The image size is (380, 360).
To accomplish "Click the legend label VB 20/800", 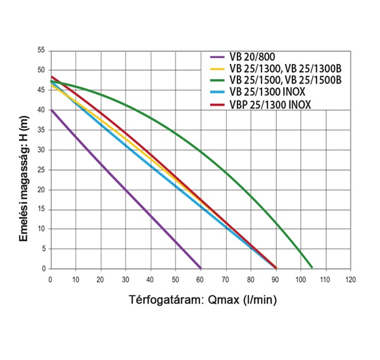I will point(253,56).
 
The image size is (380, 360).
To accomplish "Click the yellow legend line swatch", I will point(217,68).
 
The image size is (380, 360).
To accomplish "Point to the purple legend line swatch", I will point(217,56).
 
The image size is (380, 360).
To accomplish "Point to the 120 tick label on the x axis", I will point(350,279).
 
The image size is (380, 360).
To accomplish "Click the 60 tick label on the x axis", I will point(201,279).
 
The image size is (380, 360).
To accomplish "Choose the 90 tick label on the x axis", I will point(275,279).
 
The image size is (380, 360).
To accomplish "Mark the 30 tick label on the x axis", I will point(125,279).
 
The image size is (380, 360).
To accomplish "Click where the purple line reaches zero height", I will point(200,268).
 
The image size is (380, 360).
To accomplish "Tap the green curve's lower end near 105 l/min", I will point(312,266).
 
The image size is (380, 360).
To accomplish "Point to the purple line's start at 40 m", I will point(51,109).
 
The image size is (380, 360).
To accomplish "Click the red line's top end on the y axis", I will point(51,77).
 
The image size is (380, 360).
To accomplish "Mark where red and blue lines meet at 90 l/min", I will point(275,268).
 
